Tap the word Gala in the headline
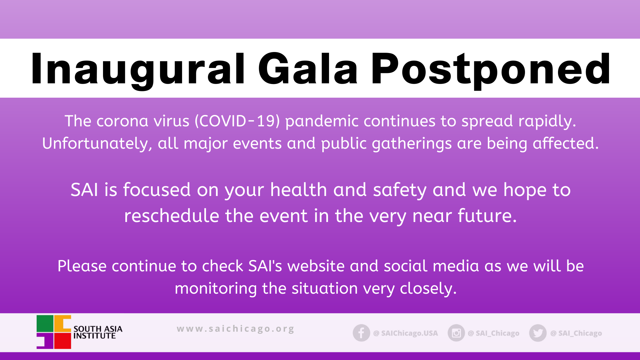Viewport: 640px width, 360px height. pyautogui.click(x=308, y=69)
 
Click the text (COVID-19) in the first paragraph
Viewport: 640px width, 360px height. pyautogui.click(x=237, y=121)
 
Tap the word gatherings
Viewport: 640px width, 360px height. pyautogui.click(x=412, y=144)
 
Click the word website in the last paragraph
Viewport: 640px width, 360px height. pyautogui.click(x=316, y=266)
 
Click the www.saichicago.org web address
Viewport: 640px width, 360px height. pyautogui.click(x=235, y=329)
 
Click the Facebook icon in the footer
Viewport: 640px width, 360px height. pyautogui.click(x=361, y=333)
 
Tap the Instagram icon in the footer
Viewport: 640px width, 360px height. pyautogui.click(x=456, y=333)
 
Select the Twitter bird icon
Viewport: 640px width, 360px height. pyautogui.click(x=538, y=333)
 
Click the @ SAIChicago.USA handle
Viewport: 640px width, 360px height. pyautogui.click(x=406, y=333)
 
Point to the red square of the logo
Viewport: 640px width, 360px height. pyautogui.click(x=63, y=341)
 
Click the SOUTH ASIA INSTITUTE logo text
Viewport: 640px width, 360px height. pyautogui.click(x=98, y=332)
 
